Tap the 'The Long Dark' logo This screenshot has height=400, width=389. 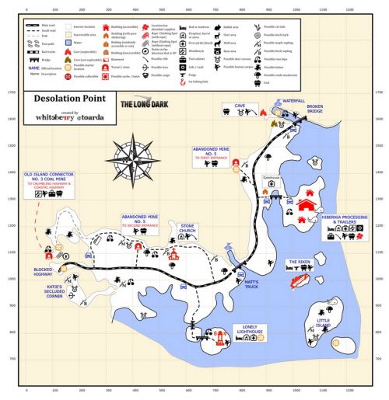(x=142, y=103)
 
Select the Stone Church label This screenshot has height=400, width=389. (x=188, y=231)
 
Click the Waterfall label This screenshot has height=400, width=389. (x=291, y=99)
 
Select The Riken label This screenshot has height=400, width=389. (x=300, y=263)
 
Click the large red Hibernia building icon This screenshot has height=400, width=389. (x=307, y=205)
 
